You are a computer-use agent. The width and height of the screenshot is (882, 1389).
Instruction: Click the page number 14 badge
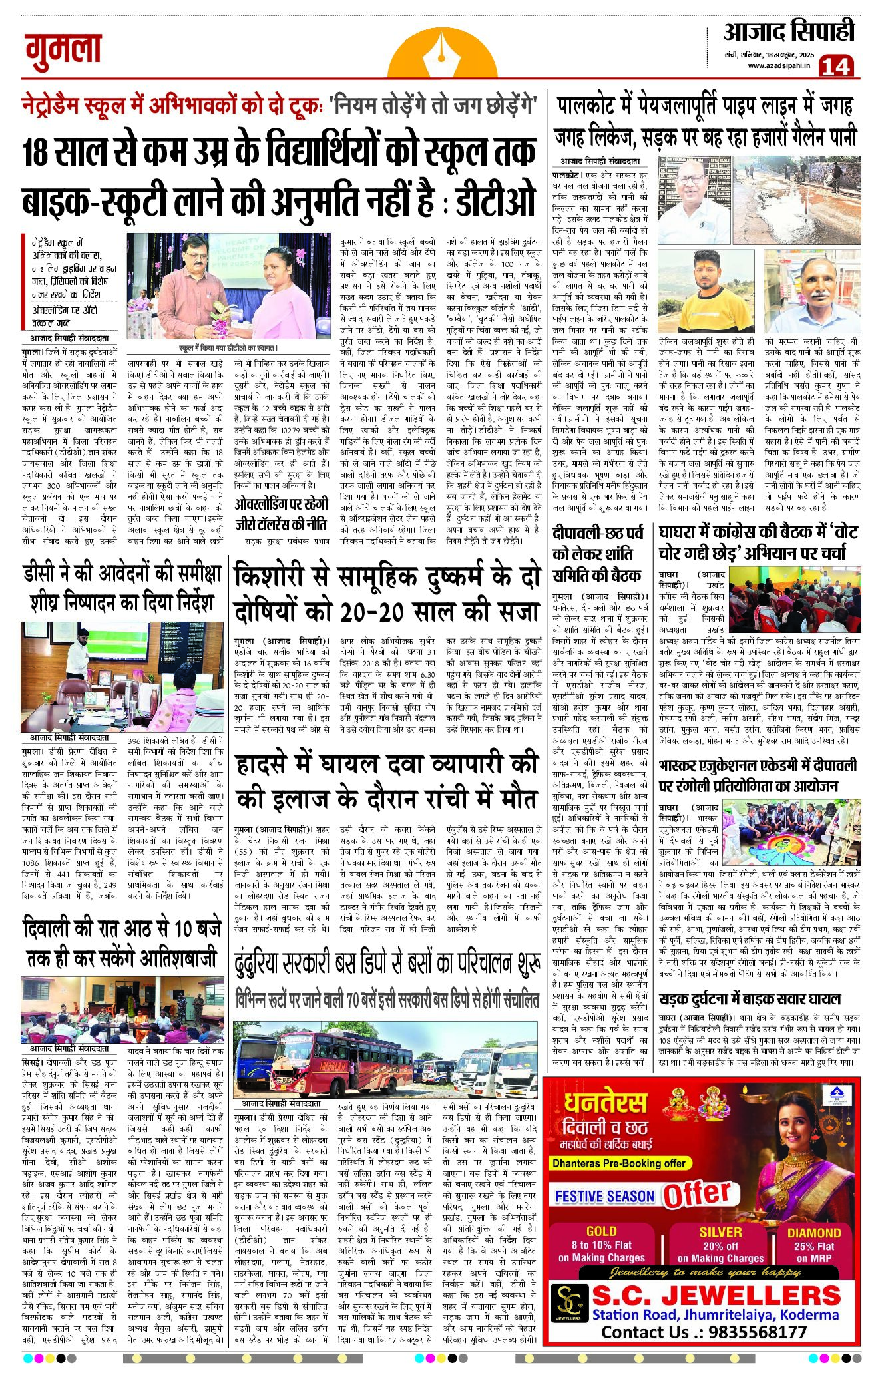point(835,65)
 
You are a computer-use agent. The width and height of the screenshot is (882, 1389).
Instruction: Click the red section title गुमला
point(63,51)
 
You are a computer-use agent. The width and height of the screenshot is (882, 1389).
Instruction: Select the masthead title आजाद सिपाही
point(788,31)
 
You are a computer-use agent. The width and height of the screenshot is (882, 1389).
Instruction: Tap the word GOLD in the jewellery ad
point(601,1231)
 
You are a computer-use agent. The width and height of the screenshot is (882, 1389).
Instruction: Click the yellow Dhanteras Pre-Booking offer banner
point(618,1163)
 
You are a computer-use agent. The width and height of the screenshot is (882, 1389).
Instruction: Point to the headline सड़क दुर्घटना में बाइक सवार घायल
point(750,998)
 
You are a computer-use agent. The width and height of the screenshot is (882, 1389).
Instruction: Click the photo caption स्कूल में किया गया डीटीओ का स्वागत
point(228,347)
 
